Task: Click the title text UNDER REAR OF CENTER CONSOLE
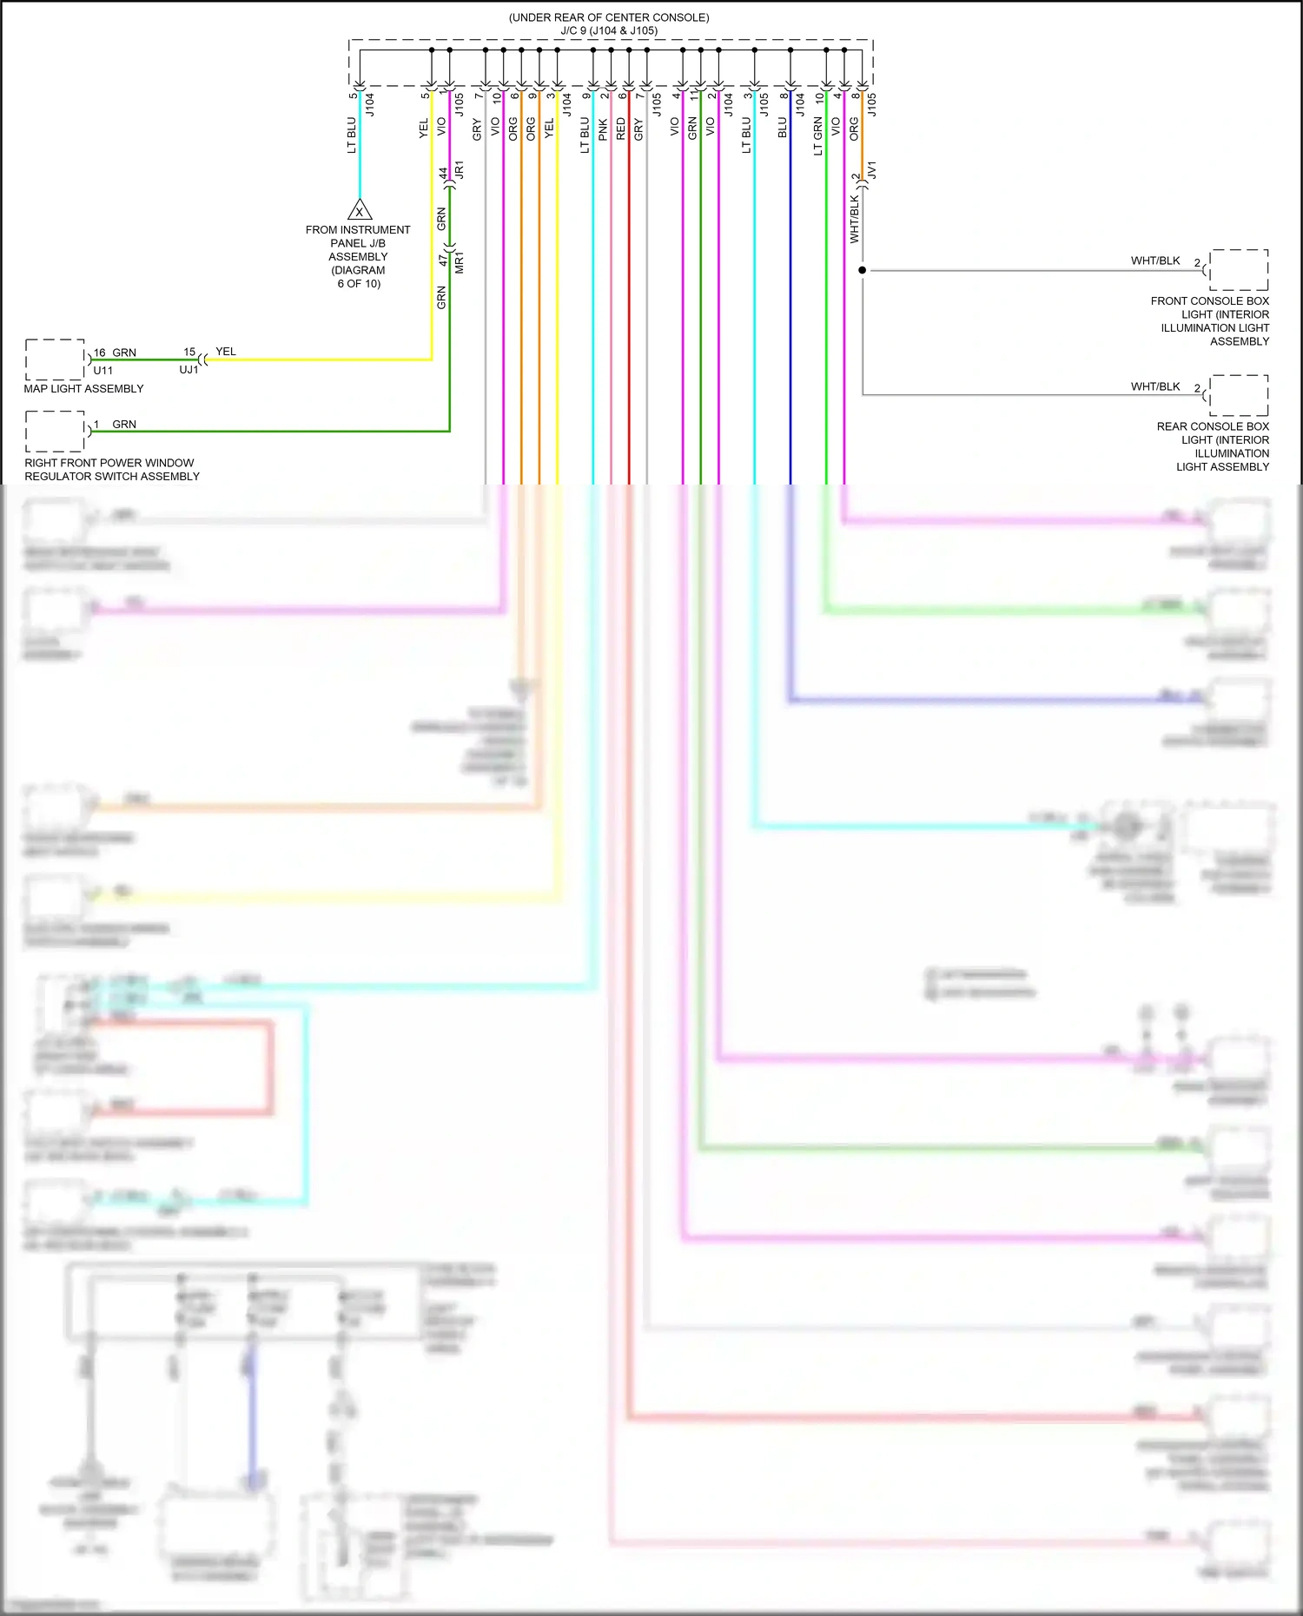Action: [x=608, y=17]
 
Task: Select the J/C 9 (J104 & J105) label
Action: [x=608, y=30]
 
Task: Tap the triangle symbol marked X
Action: [x=360, y=210]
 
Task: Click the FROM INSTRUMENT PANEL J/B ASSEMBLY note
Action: [x=358, y=256]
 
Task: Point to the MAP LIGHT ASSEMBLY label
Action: [x=83, y=388]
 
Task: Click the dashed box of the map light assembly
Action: [x=55, y=359]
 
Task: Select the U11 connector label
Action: [x=103, y=370]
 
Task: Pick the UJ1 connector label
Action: [x=189, y=369]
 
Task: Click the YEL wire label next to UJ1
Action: [x=225, y=351]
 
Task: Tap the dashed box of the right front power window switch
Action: [x=55, y=432]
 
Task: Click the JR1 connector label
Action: [x=460, y=169]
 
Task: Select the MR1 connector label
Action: [x=460, y=262]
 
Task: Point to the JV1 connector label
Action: [x=872, y=169]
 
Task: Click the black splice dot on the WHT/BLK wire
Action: [x=862, y=270]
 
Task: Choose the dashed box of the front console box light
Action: [x=1239, y=270]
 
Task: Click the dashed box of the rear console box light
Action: [x=1239, y=396]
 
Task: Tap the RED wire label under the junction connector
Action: [x=620, y=129]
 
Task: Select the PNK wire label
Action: [x=603, y=129]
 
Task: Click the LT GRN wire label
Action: [x=817, y=136]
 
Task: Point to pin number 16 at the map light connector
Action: [x=99, y=353]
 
